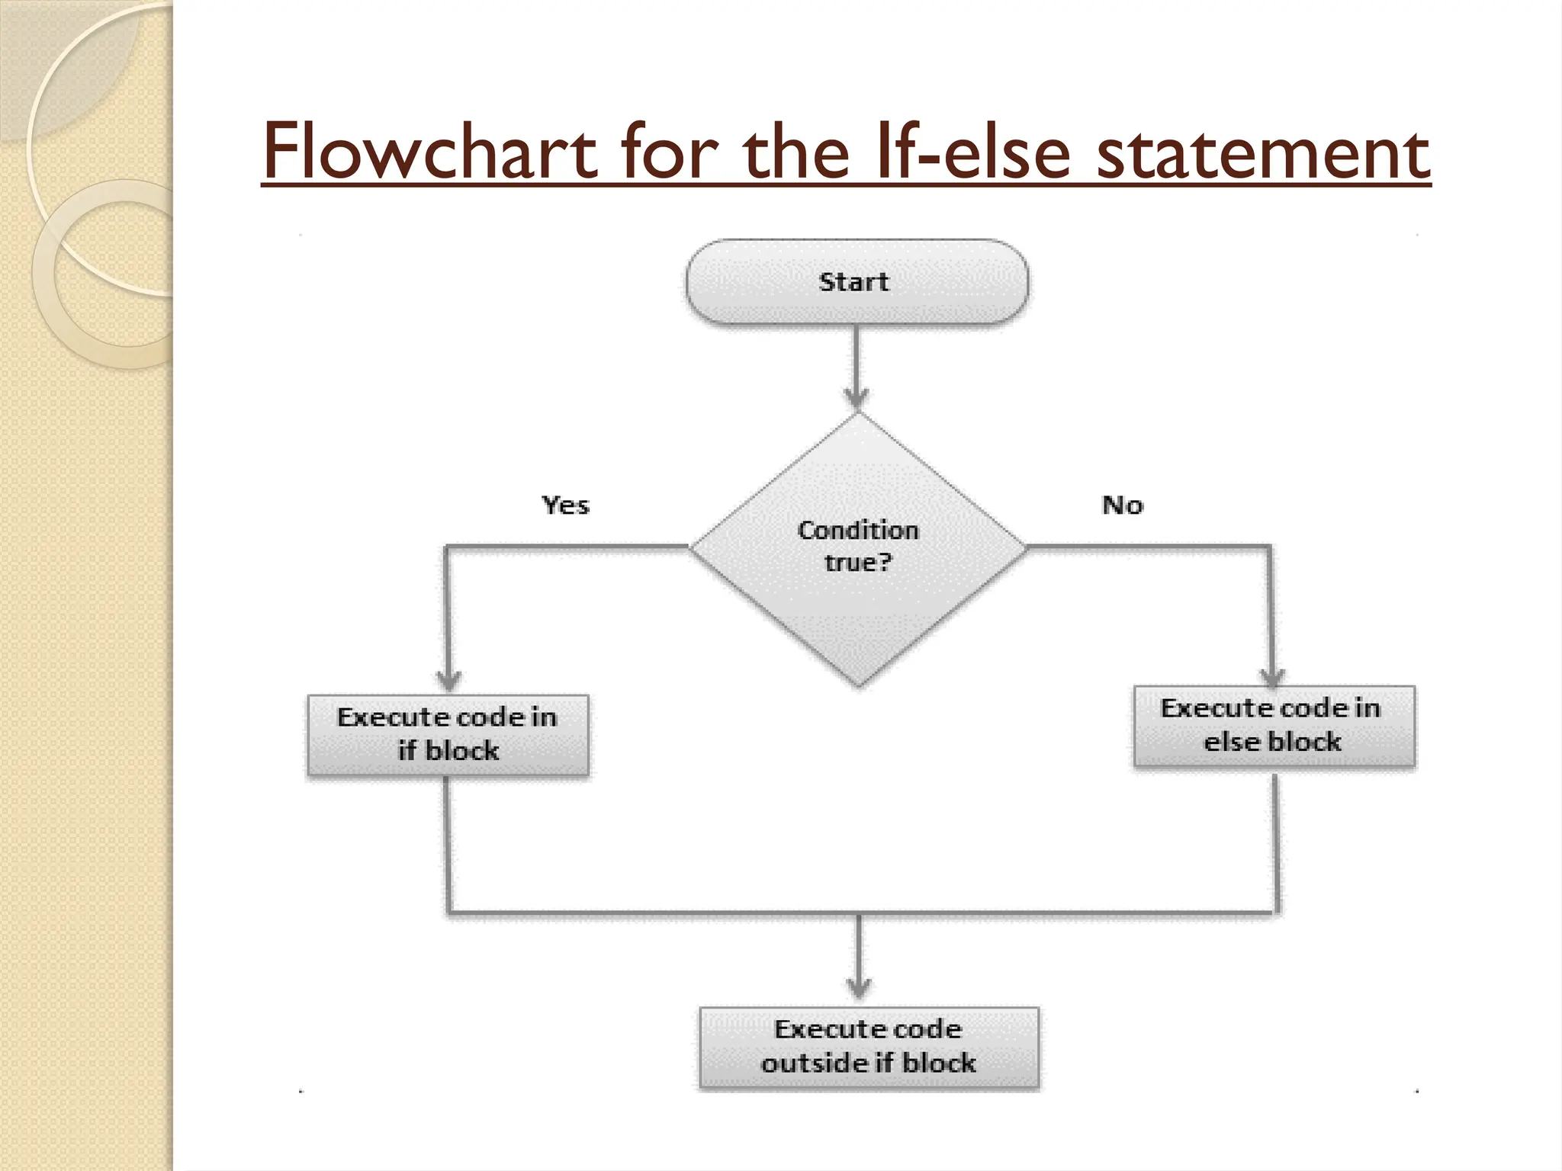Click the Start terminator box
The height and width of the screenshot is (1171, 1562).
point(857,282)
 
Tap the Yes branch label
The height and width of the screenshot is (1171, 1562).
point(565,505)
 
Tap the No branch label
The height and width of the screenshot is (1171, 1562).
point(1122,505)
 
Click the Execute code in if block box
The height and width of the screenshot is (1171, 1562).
point(448,735)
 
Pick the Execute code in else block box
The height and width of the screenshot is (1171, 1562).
point(1273,726)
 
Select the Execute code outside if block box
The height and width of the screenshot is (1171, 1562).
point(869,1047)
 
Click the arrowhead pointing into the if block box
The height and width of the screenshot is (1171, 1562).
point(448,680)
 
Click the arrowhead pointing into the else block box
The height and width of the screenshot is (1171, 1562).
point(1272,676)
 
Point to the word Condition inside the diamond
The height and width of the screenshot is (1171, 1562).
point(858,530)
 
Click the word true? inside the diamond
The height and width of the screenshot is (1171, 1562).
point(858,563)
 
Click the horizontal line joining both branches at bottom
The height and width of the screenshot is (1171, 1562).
point(686,912)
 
